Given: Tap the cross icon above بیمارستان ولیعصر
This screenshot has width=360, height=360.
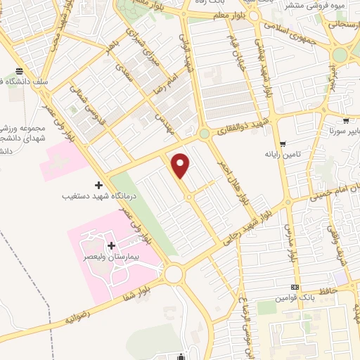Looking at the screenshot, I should point(111,246).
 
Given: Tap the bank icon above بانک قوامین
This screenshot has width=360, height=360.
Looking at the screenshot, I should point(295,288).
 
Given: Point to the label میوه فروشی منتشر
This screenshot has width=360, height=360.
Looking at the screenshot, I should point(314,6).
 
